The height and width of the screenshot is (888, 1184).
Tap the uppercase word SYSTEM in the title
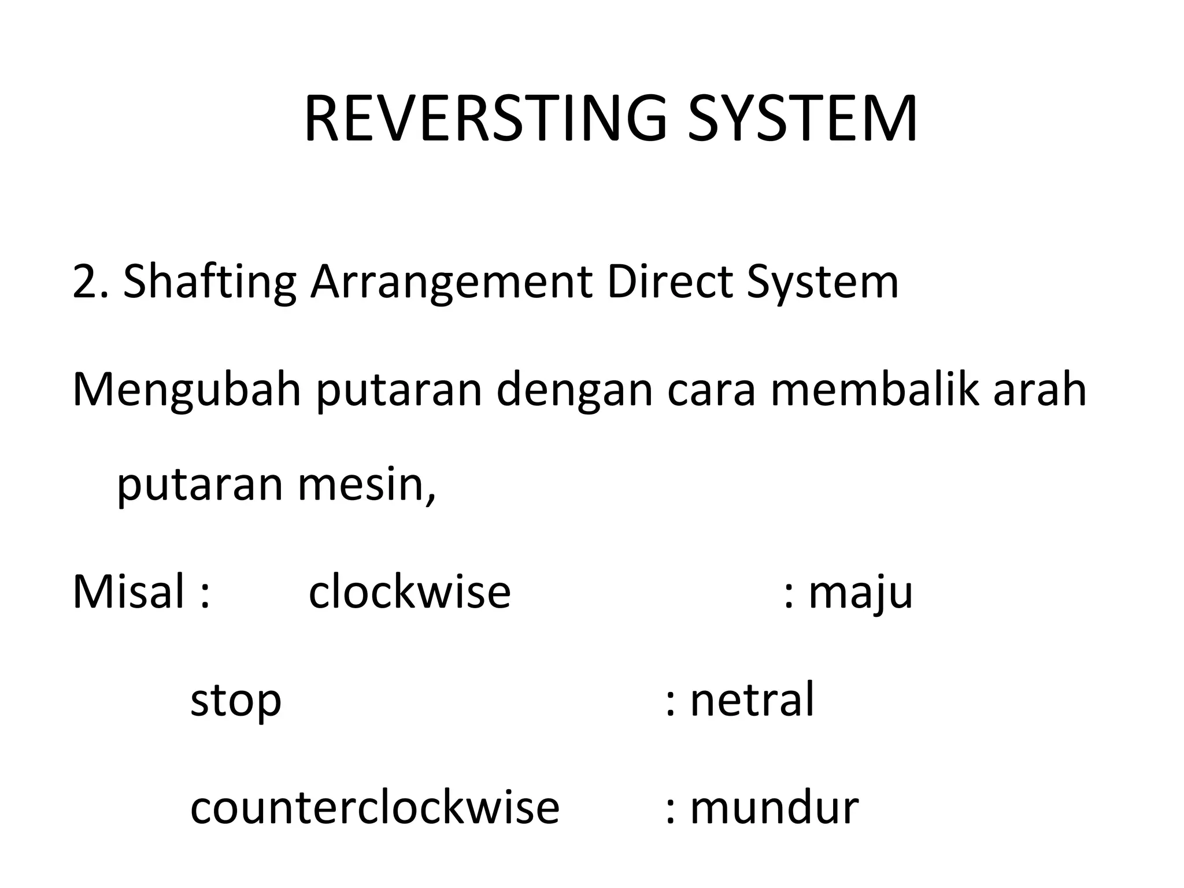(802, 120)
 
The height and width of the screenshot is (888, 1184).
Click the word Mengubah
(187, 390)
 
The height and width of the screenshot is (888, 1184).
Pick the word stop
(235, 701)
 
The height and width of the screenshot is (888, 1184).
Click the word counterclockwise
(375, 808)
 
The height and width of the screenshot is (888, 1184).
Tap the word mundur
(774, 808)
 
